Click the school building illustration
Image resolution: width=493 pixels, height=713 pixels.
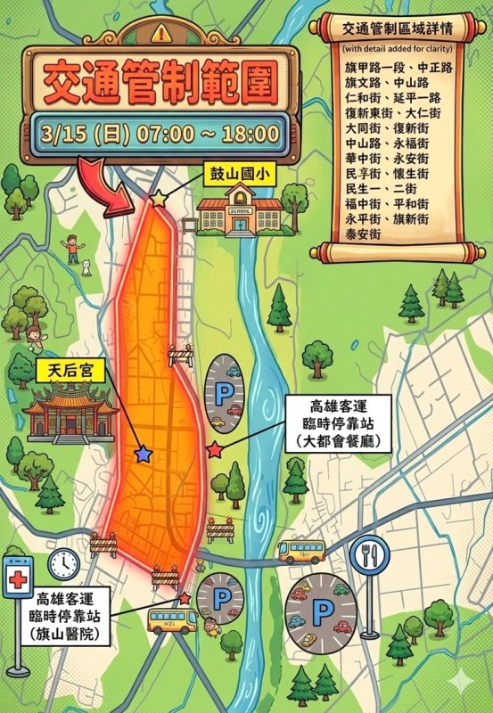click(240, 212)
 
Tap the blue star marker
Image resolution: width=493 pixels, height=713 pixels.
click(142, 455)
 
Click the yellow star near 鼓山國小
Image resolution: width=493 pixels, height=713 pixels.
click(159, 199)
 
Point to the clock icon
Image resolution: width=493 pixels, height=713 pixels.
click(64, 562)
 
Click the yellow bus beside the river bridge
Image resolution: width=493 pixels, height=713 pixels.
click(301, 550)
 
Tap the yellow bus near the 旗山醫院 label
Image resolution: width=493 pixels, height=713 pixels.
click(172, 619)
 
